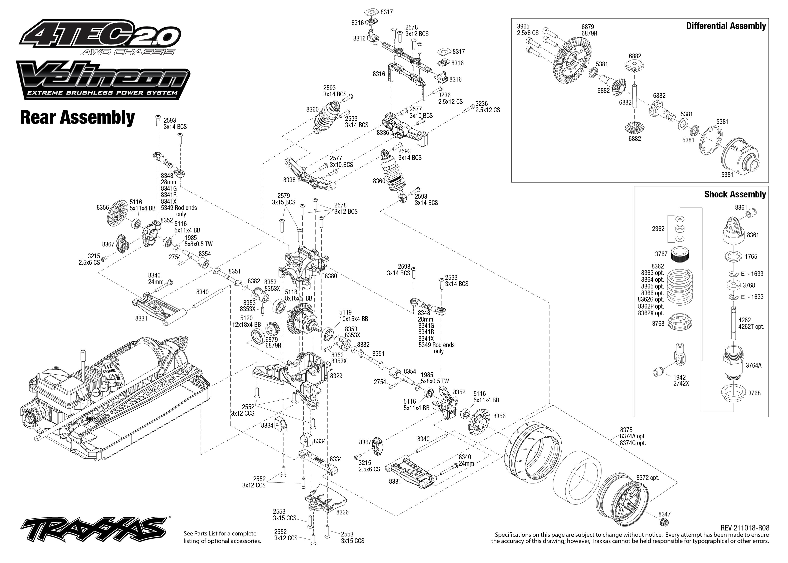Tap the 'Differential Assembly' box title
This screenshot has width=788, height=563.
(x=726, y=26)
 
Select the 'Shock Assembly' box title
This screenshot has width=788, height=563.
(x=735, y=194)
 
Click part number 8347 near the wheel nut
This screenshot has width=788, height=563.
(x=664, y=514)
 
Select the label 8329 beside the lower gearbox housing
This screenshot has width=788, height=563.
(x=336, y=376)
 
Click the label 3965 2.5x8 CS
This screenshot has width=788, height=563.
(x=527, y=30)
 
